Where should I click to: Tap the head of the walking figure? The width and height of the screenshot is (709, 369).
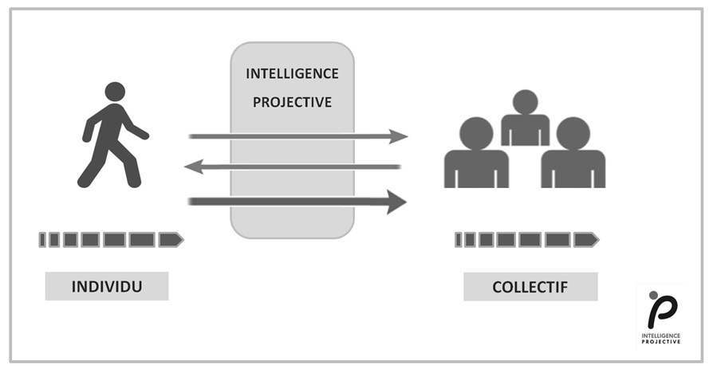115,91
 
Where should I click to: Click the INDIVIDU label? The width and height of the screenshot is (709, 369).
107,286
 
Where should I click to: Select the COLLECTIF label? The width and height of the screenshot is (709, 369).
530,286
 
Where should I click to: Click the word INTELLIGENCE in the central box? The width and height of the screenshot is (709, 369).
292,73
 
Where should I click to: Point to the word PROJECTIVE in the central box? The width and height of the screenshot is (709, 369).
292,102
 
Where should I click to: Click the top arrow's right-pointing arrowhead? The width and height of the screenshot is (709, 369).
399,136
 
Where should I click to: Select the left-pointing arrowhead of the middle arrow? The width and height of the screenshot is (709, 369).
192,167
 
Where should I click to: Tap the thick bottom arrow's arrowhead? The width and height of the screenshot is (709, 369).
396,202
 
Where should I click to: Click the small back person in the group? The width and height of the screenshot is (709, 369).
525,120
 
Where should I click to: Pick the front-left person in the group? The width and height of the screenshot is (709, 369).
476,155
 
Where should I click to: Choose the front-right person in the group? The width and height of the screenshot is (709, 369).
573,155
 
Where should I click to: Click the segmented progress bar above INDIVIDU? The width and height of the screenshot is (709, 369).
111,238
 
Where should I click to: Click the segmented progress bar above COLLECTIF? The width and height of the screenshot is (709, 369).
526,238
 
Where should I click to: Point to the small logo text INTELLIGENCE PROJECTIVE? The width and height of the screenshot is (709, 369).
661,339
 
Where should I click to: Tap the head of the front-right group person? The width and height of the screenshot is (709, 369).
573,133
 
